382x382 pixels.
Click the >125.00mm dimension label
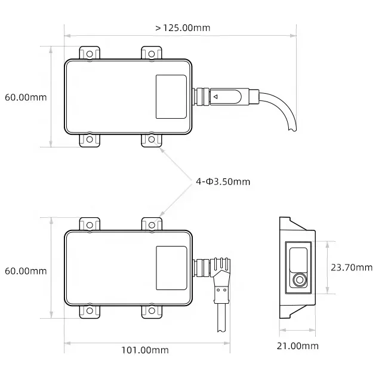click(x=182, y=27)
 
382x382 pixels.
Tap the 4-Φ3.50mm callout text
click(x=223, y=181)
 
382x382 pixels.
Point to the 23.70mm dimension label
click(x=352, y=267)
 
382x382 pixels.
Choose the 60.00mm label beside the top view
click(x=25, y=97)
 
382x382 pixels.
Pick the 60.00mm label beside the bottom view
click(x=25, y=270)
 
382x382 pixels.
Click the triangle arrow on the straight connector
click(x=216, y=95)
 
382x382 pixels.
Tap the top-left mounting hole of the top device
click(x=90, y=54)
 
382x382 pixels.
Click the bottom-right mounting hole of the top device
click(x=151, y=140)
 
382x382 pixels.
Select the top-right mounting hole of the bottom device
click(x=151, y=224)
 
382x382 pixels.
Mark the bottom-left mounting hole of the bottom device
click(x=90, y=311)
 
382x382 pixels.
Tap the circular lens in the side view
click(x=298, y=279)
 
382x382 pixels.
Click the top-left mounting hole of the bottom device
click(x=90, y=224)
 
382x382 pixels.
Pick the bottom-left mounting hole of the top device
click(x=90, y=140)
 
